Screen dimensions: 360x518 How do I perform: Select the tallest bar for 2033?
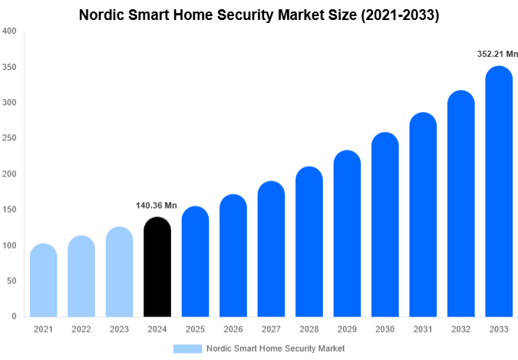[498, 192]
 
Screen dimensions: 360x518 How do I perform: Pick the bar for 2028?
[308, 242]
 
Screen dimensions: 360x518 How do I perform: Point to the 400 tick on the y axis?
[8, 31]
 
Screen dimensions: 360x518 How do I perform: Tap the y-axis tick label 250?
[8, 138]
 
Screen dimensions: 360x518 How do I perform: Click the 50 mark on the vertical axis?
[11, 281]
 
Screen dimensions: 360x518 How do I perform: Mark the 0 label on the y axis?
[13, 316]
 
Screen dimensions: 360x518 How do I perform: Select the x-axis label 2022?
[81, 329]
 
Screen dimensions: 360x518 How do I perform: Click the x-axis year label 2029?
[347, 329]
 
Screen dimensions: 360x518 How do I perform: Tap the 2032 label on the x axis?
[460, 329]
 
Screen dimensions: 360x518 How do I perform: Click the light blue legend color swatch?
[187, 348]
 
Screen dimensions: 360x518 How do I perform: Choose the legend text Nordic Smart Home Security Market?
[275, 348]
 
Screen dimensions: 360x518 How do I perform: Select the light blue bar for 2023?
[119, 272]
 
